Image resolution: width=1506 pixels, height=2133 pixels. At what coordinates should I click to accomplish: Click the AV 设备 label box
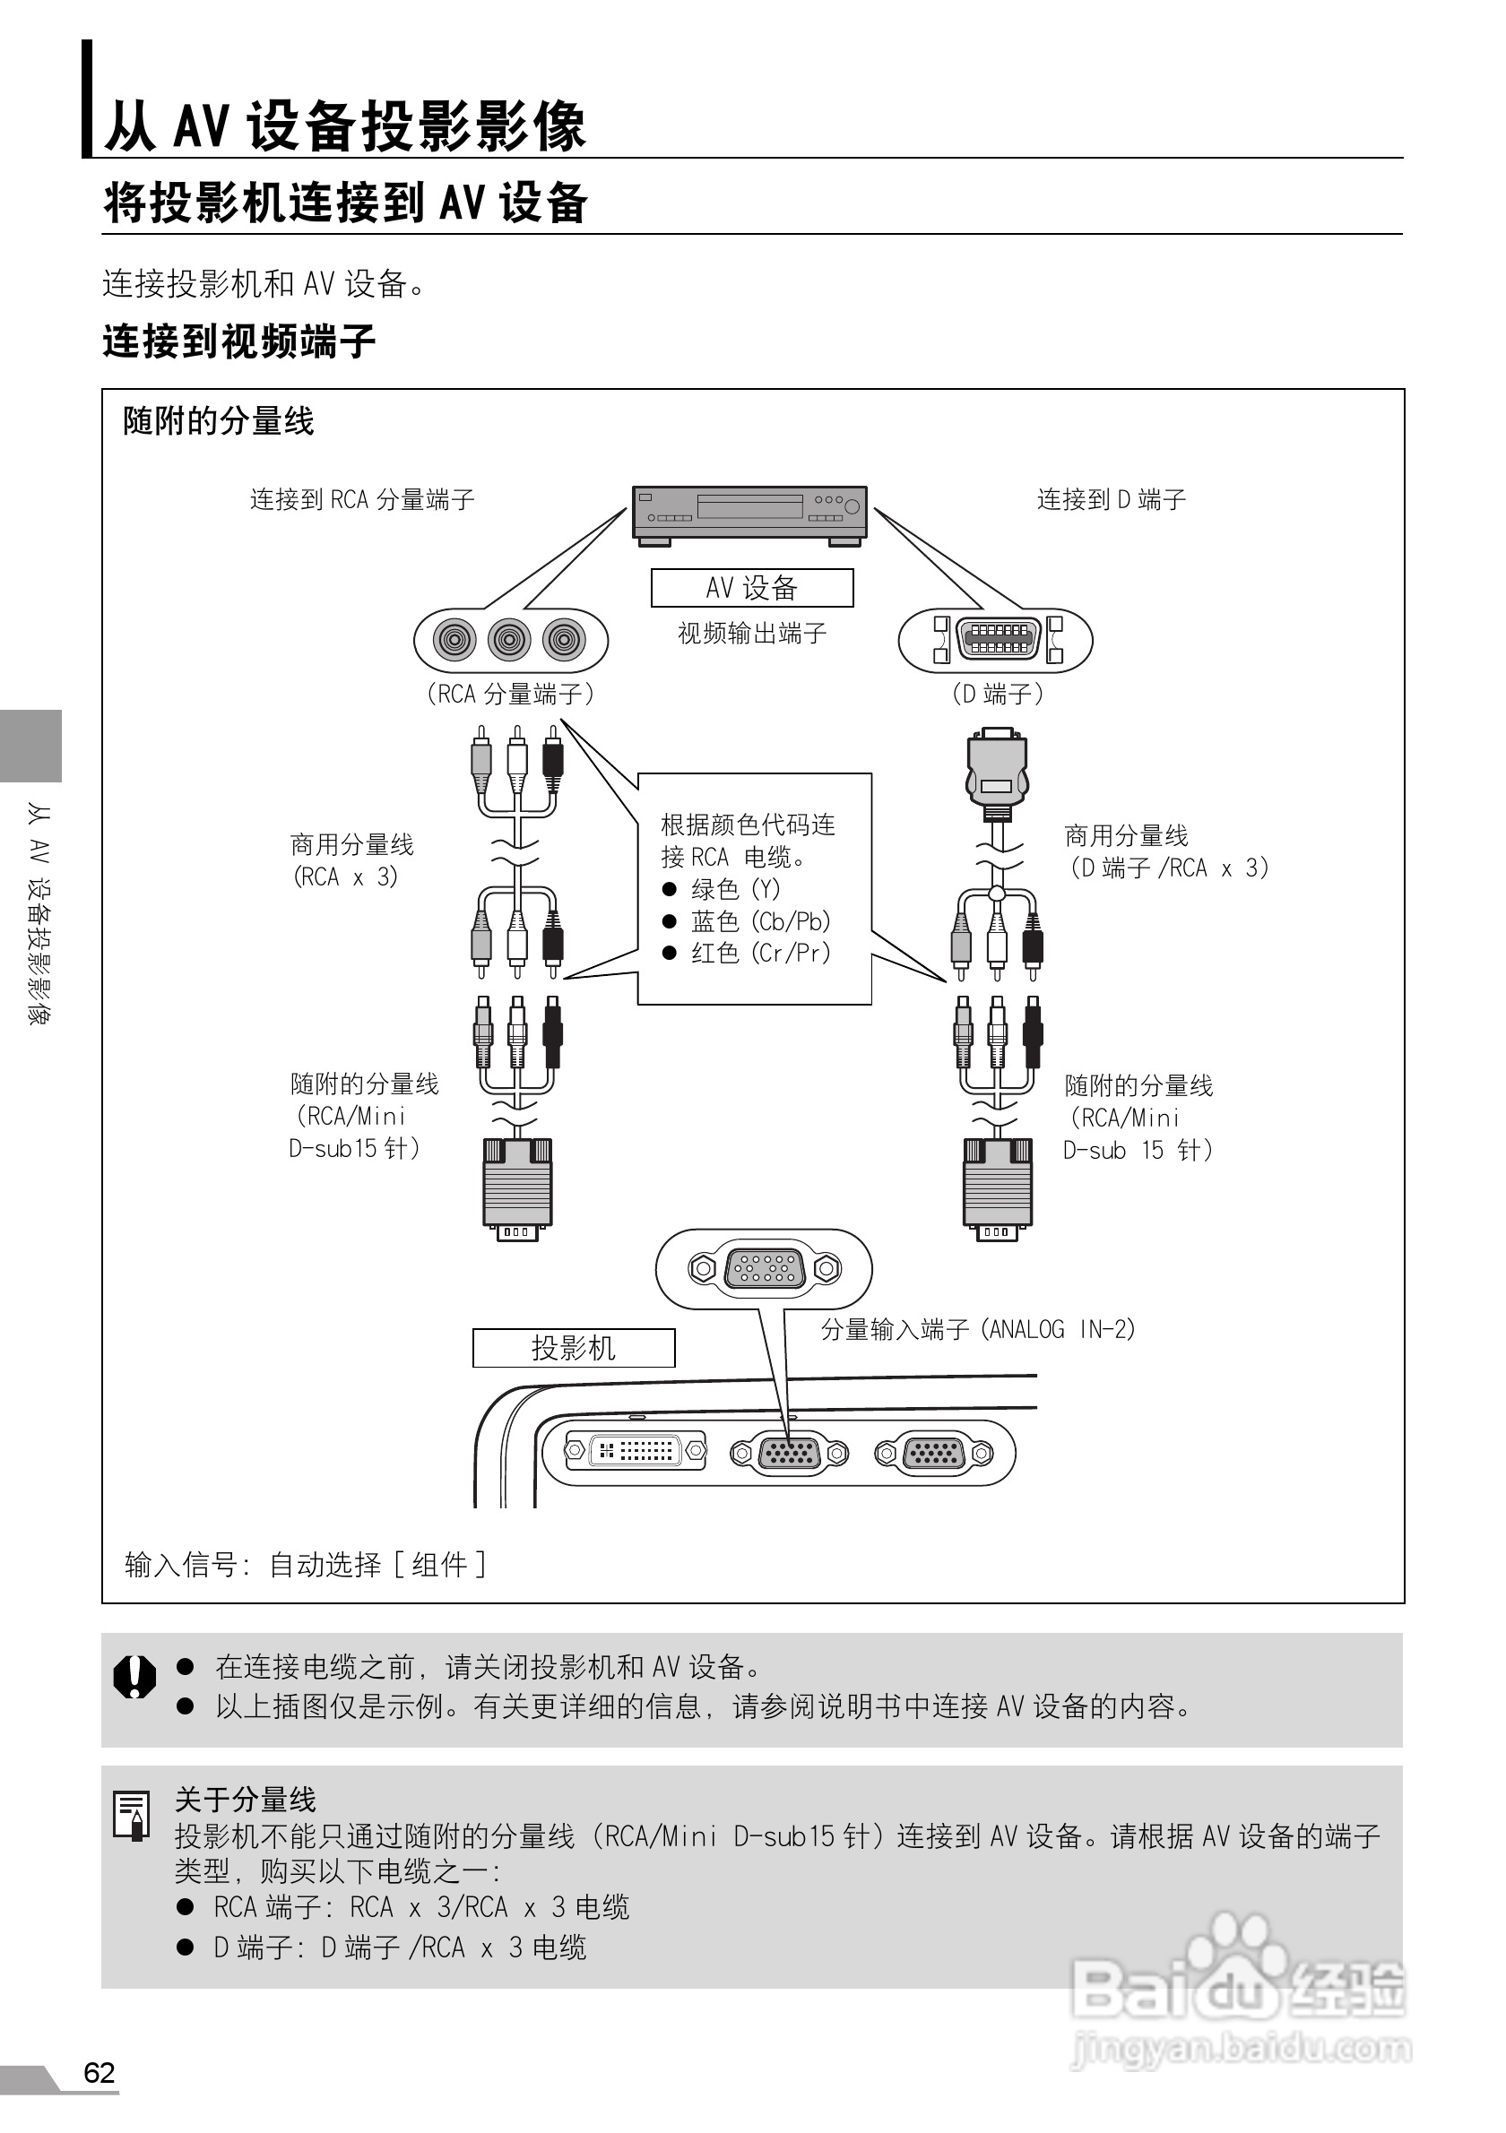[x=751, y=587]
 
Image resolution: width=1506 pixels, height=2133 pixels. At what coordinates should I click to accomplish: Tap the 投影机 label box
[x=573, y=1347]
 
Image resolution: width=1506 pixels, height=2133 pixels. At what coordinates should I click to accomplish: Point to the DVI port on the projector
[x=636, y=1450]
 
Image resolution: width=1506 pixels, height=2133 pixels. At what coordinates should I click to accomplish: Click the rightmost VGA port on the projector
[x=934, y=1453]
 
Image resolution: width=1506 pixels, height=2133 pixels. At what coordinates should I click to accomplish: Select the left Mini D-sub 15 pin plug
[x=517, y=1187]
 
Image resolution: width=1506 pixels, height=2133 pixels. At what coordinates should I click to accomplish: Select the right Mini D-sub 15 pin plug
[x=997, y=1187]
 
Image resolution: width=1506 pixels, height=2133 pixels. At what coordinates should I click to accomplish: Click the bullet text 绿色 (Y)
[x=735, y=889]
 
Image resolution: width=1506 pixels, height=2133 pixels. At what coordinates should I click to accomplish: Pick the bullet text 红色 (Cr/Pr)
[x=760, y=952]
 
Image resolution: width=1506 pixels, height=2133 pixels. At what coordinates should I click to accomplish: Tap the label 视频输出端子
[x=751, y=634]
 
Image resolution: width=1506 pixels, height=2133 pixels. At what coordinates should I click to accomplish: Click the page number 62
[x=99, y=2073]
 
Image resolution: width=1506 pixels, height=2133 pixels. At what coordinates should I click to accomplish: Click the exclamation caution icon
[x=134, y=1676]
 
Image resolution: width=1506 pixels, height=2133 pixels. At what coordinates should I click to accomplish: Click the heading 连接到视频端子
[x=238, y=341]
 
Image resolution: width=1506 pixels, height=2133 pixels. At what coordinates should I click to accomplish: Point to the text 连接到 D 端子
[x=1112, y=500]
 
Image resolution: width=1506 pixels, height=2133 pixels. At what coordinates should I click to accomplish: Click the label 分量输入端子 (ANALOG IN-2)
[x=977, y=1329]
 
